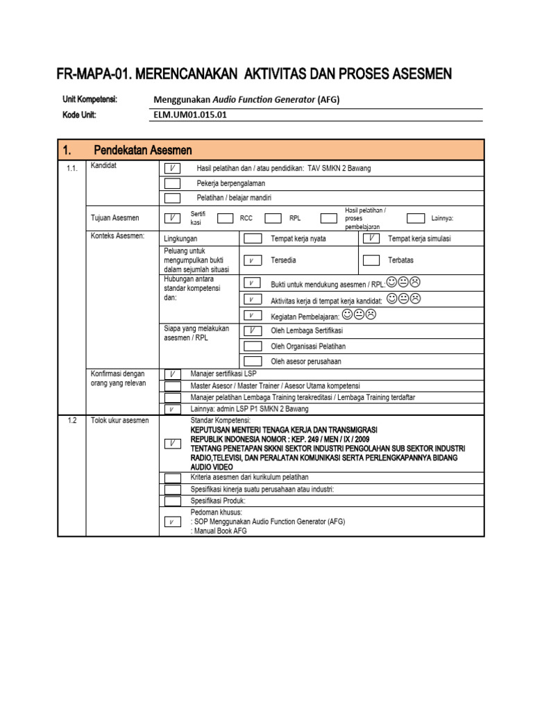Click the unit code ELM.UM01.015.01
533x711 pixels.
pos(189,115)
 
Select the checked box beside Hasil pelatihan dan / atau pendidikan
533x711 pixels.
pos(172,168)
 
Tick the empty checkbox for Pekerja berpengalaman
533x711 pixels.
pos(172,183)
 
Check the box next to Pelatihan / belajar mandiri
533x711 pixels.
pos(172,198)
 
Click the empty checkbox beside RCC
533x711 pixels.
pos(225,218)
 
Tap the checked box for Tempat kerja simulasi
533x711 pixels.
pos(371,239)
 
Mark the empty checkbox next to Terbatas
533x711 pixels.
pos(371,260)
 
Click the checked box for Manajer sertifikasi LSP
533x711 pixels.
pos(172,374)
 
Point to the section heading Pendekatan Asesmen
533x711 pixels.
pos(143,151)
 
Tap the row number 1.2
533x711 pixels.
pos(73,421)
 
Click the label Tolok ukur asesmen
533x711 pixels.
pos(120,421)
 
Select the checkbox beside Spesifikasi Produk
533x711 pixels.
pos(172,501)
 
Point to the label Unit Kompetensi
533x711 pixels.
pos(90,100)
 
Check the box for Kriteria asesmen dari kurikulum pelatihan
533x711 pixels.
pos(172,478)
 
